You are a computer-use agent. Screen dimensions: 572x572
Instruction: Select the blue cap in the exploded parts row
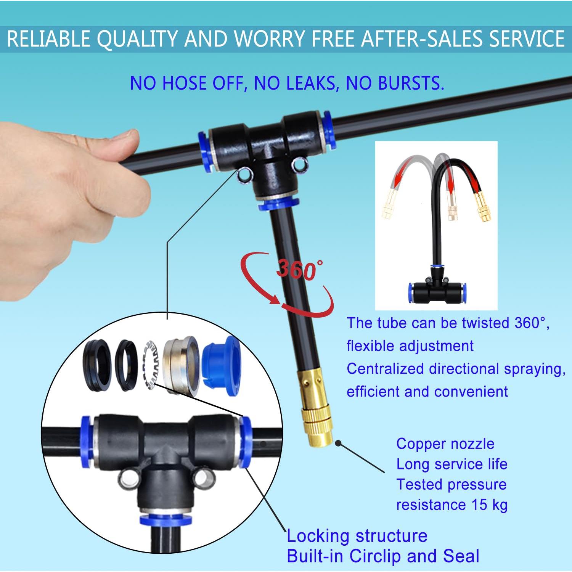point(221,365)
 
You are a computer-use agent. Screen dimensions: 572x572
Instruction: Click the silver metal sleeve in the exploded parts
point(181,365)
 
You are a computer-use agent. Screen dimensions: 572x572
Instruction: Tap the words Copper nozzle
point(445,444)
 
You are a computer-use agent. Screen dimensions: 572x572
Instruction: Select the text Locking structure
point(357,536)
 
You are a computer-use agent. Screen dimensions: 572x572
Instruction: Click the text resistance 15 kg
point(451,505)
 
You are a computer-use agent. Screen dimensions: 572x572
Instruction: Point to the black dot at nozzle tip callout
point(338,443)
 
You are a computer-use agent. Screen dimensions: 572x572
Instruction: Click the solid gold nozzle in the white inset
point(483,207)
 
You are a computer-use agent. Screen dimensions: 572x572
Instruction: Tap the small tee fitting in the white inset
point(437,289)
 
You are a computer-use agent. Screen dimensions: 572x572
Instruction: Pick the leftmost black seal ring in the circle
point(96,365)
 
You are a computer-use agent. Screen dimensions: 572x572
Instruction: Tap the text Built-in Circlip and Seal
point(383,556)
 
